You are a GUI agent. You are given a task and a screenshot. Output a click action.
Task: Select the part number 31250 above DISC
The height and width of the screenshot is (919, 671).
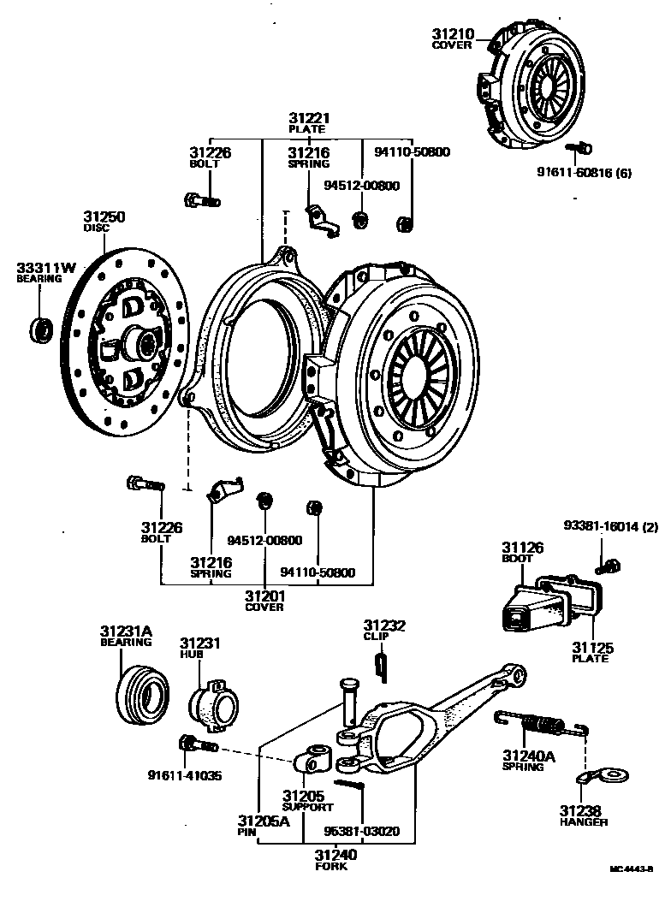point(104,217)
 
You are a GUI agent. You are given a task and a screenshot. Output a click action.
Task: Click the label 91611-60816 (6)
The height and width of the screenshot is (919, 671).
point(584,171)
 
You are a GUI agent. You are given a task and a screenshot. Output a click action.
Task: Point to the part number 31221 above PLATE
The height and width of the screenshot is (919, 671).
point(309,118)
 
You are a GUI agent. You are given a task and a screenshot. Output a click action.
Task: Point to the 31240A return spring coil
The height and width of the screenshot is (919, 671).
point(545,726)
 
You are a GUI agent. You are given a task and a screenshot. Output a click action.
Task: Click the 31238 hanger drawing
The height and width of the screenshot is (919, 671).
point(604,777)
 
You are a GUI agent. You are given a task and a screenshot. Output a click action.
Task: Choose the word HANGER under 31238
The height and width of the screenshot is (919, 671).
point(584,822)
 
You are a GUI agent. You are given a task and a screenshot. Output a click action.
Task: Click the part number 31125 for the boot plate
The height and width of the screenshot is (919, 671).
point(592,648)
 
